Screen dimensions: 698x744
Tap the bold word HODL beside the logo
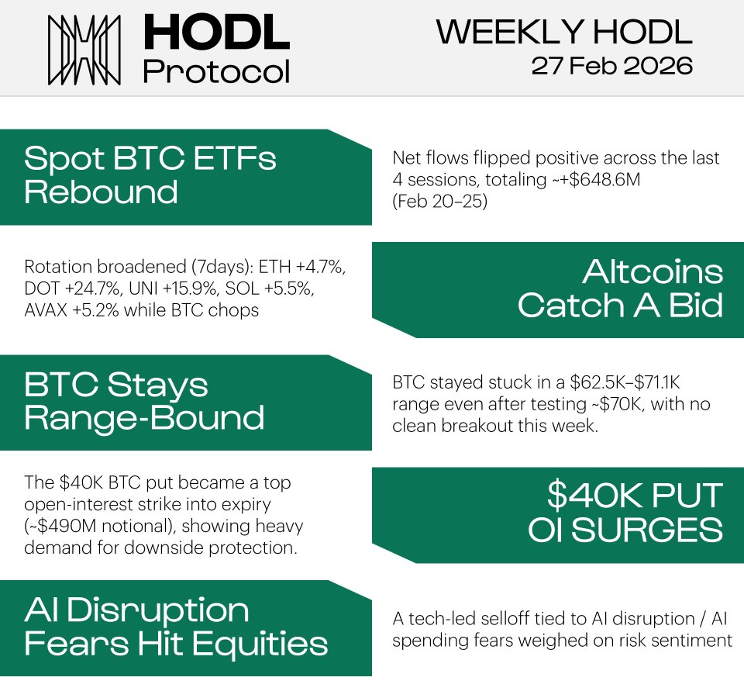tap(216, 34)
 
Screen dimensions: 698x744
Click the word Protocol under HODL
tap(216, 71)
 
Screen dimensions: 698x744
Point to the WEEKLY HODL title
tap(564, 32)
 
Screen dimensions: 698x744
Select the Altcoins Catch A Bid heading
tap(620, 289)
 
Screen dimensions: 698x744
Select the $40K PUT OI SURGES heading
tap(625, 513)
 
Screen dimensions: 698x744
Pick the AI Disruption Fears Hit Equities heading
tap(175, 627)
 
